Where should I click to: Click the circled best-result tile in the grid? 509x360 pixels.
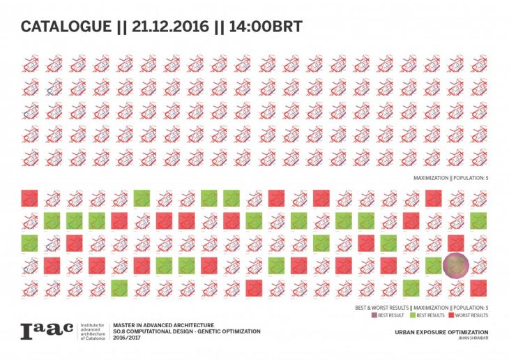point(455,264)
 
